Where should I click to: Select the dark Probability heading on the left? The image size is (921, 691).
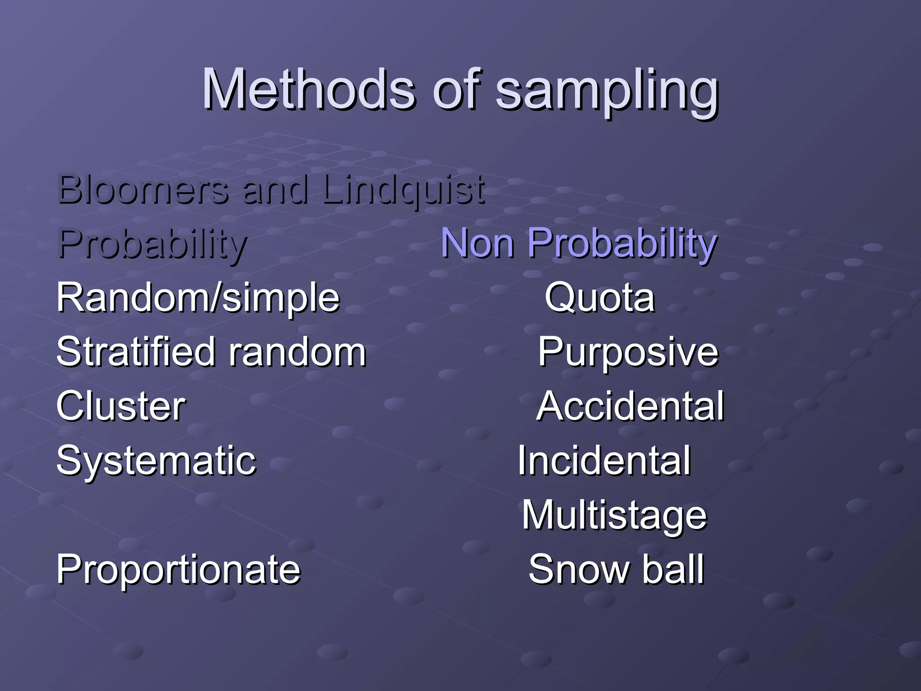pyautogui.click(x=152, y=245)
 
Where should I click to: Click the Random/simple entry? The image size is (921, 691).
pyautogui.click(x=198, y=299)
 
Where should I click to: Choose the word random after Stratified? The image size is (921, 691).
pyautogui.click(x=297, y=353)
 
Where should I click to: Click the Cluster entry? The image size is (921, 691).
pyautogui.click(x=121, y=406)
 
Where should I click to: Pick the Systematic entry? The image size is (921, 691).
pyautogui.click(x=156, y=462)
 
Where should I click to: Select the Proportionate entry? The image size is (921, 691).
pyautogui.click(x=178, y=570)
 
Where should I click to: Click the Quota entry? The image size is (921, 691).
pyautogui.click(x=599, y=298)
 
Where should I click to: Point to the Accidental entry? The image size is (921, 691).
pyautogui.click(x=630, y=406)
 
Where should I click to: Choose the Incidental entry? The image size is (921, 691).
pyautogui.click(x=604, y=461)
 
